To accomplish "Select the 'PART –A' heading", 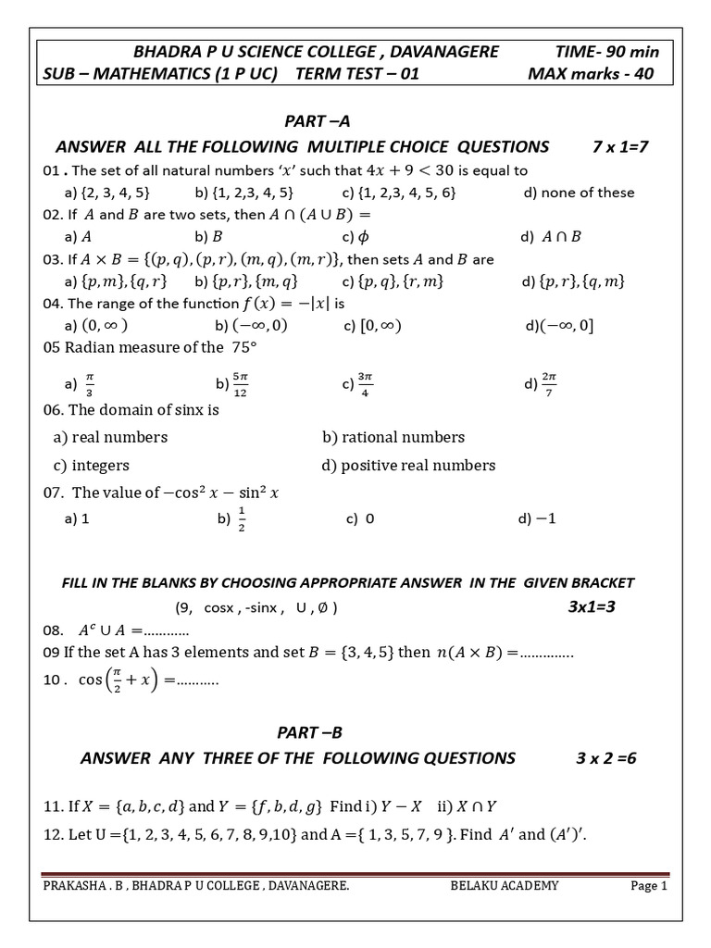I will tap(317, 121).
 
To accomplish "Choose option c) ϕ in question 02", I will tap(355, 236).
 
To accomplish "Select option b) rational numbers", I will tap(393, 437).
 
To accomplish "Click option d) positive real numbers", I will tap(408, 465).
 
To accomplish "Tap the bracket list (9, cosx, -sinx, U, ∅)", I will tap(256, 608).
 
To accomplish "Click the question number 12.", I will tap(52, 834).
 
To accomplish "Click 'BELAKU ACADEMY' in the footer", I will tap(505, 886).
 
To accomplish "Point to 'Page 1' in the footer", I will tap(648, 886).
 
